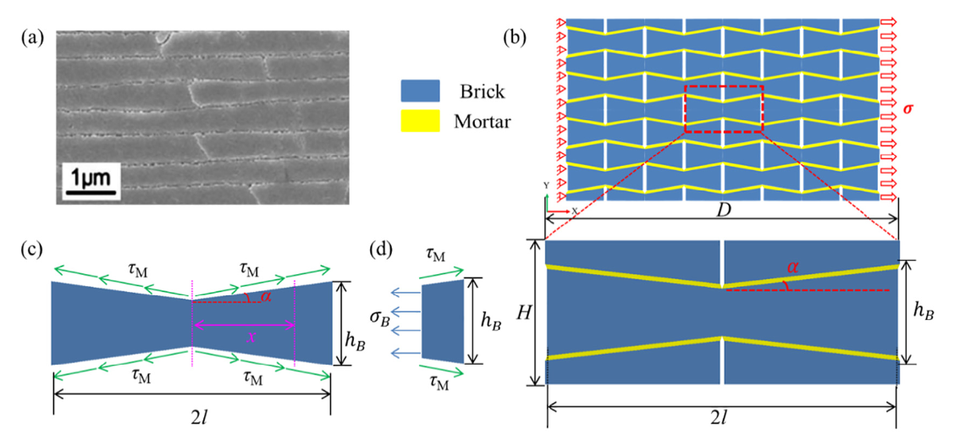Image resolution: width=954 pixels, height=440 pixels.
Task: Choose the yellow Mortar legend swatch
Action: (x=420, y=122)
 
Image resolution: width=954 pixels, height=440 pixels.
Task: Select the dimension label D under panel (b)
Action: (x=724, y=210)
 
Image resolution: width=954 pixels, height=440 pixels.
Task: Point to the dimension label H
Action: (x=523, y=313)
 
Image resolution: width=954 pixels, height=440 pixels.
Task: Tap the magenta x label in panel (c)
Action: (x=249, y=337)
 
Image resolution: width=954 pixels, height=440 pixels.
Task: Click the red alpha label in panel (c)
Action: (x=266, y=295)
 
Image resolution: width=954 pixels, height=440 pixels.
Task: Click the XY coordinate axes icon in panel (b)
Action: (x=557, y=202)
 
